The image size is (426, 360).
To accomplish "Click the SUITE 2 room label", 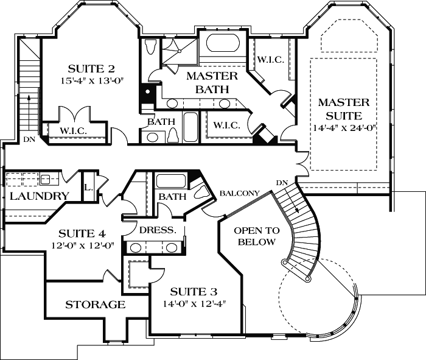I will tap(91, 68).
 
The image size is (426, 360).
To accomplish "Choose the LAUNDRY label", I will tap(38, 196).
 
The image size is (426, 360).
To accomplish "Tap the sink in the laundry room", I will tap(46, 179).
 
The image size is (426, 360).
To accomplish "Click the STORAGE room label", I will tap(95, 305).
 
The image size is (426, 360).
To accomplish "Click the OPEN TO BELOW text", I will tap(257, 236).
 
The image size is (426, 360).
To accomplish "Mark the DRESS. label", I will tap(158, 230).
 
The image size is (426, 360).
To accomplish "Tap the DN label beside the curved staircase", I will tap(281, 183).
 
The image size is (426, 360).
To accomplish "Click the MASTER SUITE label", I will tap(340, 108).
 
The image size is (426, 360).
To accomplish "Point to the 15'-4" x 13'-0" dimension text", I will tap(91, 80).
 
